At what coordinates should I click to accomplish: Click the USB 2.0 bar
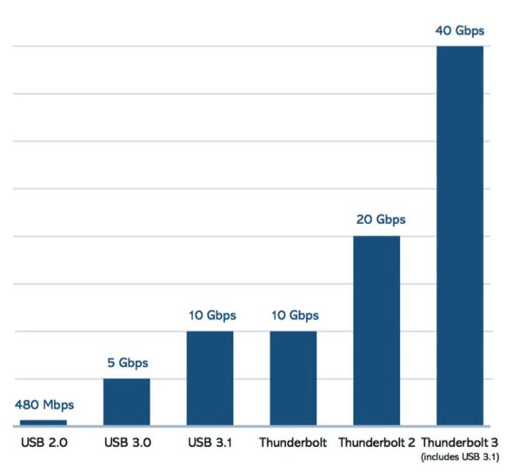(x=43, y=423)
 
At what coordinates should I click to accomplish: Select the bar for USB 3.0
(x=126, y=402)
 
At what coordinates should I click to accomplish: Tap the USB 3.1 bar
(x=210, y=378)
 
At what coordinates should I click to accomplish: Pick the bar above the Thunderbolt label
(x=293, y=378)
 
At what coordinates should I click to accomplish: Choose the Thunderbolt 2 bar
(x=377, y=331)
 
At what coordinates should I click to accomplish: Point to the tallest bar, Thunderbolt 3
(x=460, y=236)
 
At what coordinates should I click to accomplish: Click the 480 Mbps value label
(x=44, y=405)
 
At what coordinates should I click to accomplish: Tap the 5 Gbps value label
(x=128, y=363)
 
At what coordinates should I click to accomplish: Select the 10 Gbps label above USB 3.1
(x=212, y=315)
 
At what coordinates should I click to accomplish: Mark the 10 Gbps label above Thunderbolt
(x=295, y=315)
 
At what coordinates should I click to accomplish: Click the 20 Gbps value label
(x=381, y=220)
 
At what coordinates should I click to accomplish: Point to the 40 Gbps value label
(x=460, y=31)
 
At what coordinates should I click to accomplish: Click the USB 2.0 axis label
(x=44, y=442)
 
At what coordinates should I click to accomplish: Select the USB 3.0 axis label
(x=128, y=442)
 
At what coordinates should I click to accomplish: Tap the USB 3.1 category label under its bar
(x=210, y=442)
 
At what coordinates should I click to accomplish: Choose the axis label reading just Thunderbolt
(x=293, y=442)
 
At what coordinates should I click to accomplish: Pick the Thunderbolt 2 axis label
(x=377, y=442)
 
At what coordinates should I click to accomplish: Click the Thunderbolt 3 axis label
(x=460, y=442)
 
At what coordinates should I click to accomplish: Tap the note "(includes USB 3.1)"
(x=460, y=457)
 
